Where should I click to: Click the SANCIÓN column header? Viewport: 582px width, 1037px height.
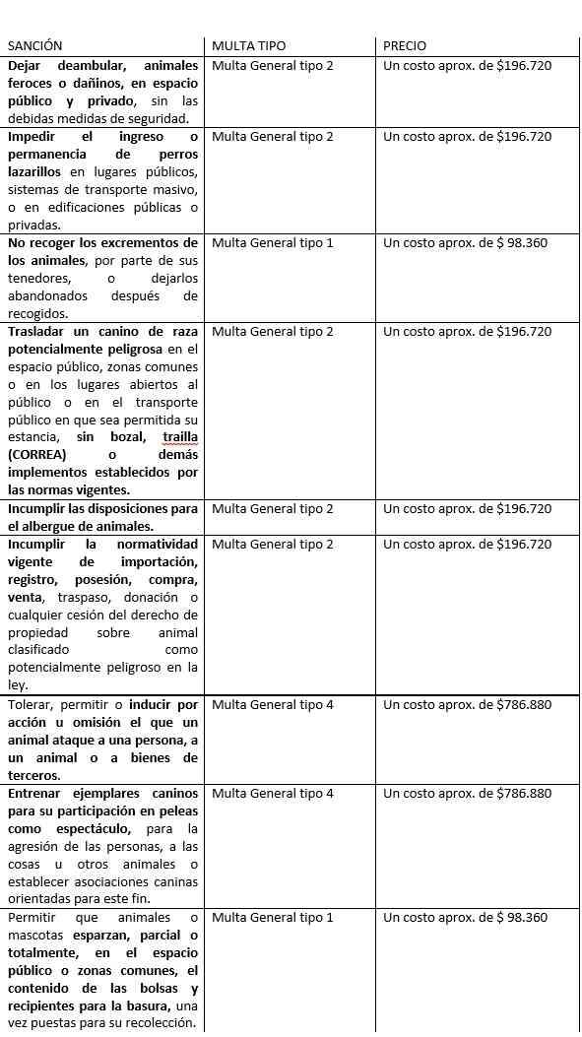tap(34, 46)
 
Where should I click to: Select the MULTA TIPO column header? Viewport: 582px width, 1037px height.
tap(248, 46)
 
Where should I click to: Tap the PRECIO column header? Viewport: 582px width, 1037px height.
tap(405, 46)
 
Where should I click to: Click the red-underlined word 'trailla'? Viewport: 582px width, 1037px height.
tap(180, 437)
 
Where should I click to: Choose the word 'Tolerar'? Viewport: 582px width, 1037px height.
tap(32, 705)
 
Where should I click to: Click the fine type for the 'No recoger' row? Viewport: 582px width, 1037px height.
tap(273, 243)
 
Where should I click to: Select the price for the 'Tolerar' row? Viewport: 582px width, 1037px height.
tap(467, 705)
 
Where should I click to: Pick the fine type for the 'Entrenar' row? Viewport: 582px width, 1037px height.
tap(273, 794)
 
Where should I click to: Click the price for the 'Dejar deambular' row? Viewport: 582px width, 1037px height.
tap(467, 66)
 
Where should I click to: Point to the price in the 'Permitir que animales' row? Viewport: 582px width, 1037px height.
tap(467, 918)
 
